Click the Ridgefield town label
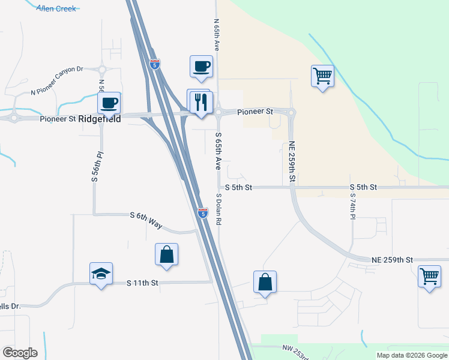(100, 119)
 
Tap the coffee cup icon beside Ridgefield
(109, 103)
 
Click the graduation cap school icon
(101, 274)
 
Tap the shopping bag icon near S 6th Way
(166, 254)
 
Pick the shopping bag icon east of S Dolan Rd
(265, 282)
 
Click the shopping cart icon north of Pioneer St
(322, 76)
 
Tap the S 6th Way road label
(146, 219)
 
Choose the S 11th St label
(142, 283)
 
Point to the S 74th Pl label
(353, 206)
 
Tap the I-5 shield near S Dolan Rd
(203, 212)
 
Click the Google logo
(20, 353)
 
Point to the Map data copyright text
(412, 355)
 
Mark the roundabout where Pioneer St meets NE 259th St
(292, 113)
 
